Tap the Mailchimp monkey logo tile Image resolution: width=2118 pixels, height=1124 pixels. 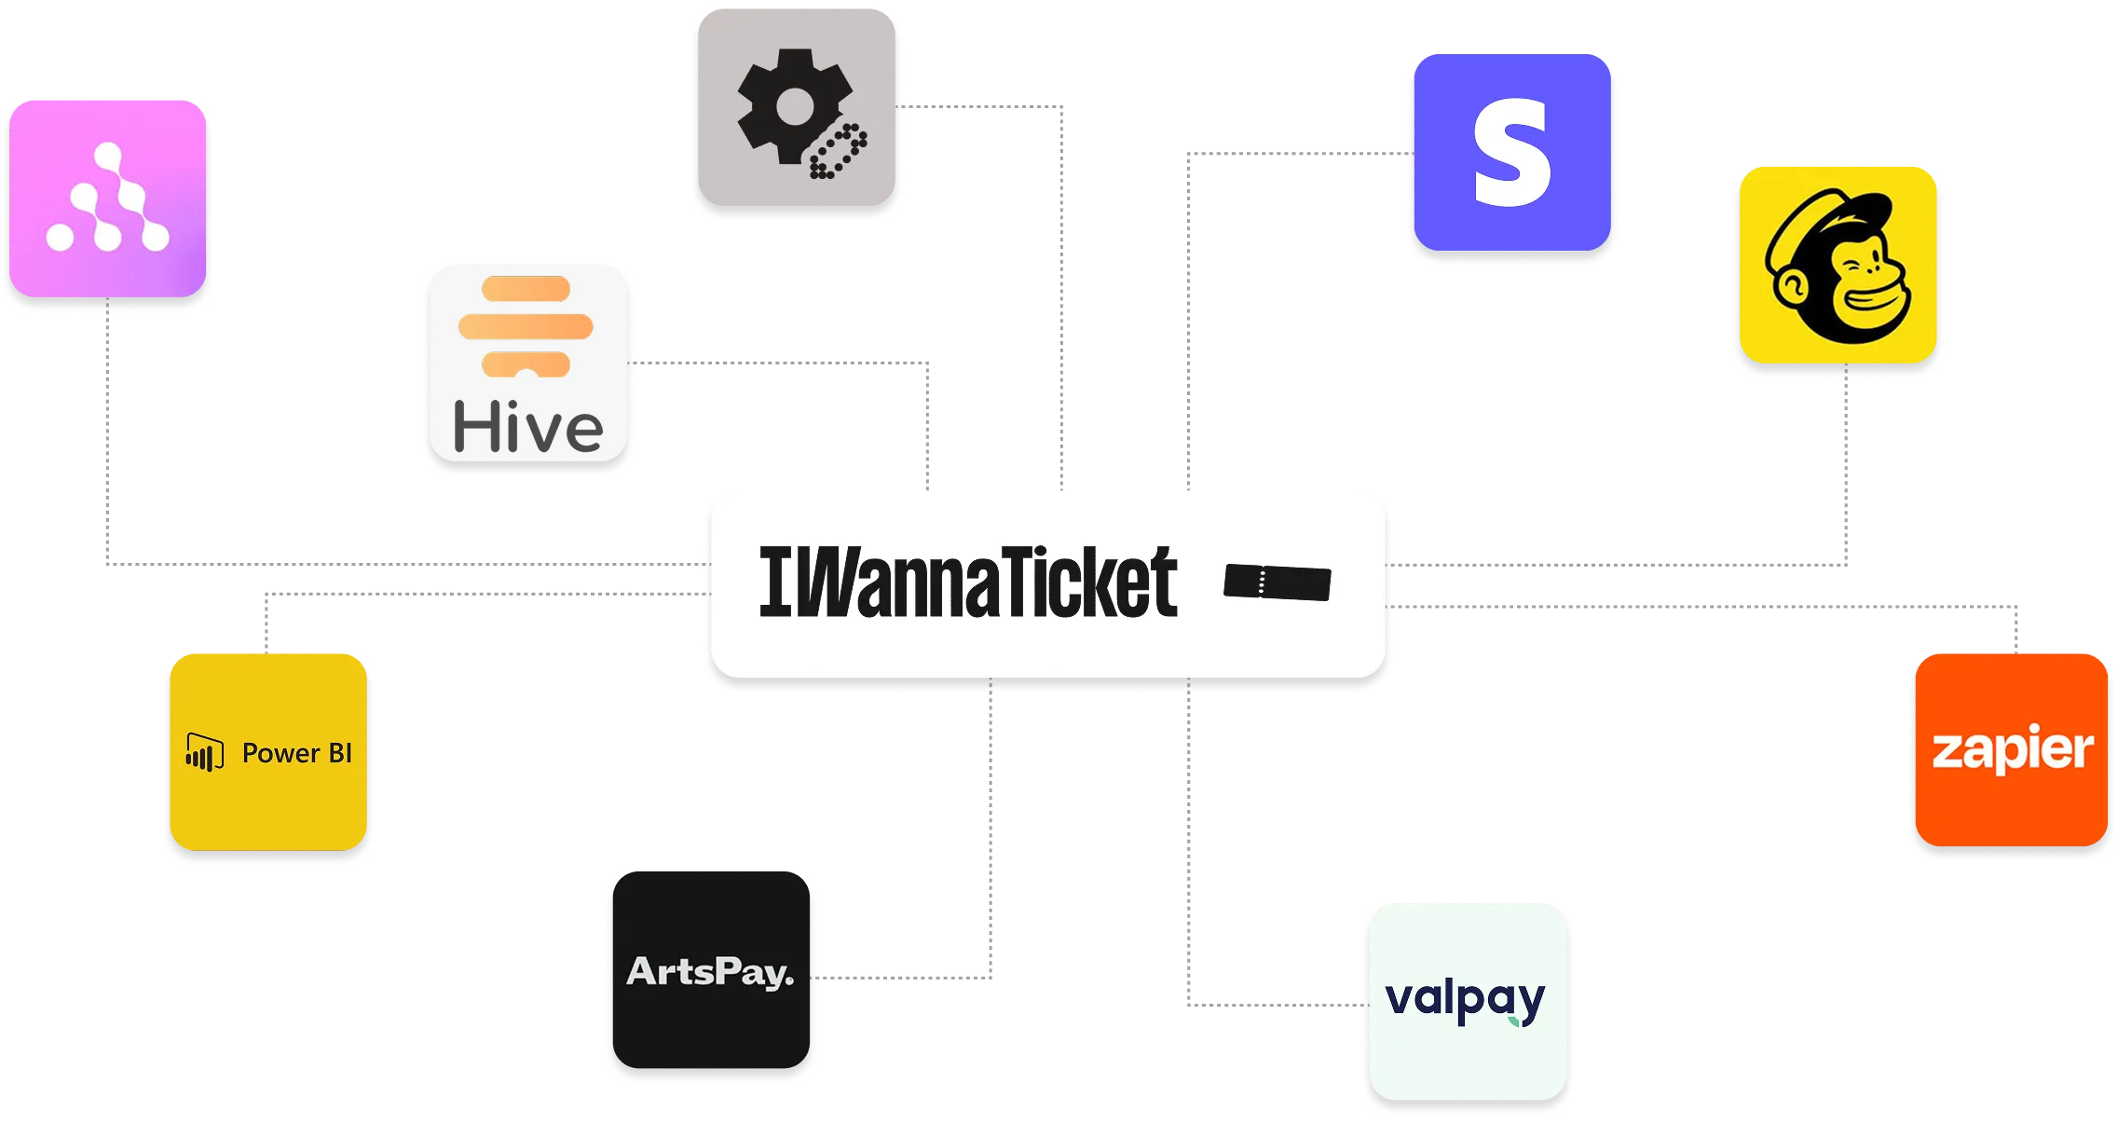[1838, 266]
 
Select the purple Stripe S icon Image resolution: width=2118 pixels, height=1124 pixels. [1511, 153]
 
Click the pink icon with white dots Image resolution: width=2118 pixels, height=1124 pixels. [108, 199]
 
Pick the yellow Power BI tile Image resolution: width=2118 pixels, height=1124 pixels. [268, 751]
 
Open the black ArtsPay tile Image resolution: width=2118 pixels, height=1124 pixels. [712, 972]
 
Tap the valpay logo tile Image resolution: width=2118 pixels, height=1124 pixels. [1467, 1002]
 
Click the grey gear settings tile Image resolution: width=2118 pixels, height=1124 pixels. [798, 108]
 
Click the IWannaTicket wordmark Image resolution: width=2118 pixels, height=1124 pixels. [969, 583]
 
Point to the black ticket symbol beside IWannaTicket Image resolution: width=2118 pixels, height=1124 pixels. [1278, 583]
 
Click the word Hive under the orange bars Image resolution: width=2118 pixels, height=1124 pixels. [528, 428]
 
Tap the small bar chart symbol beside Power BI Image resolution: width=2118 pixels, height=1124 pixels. [204, 752]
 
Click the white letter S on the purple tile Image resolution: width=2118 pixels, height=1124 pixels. [1511, 153]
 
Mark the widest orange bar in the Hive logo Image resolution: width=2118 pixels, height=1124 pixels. [526, 326]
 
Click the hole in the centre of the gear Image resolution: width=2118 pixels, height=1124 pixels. [793, 106]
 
